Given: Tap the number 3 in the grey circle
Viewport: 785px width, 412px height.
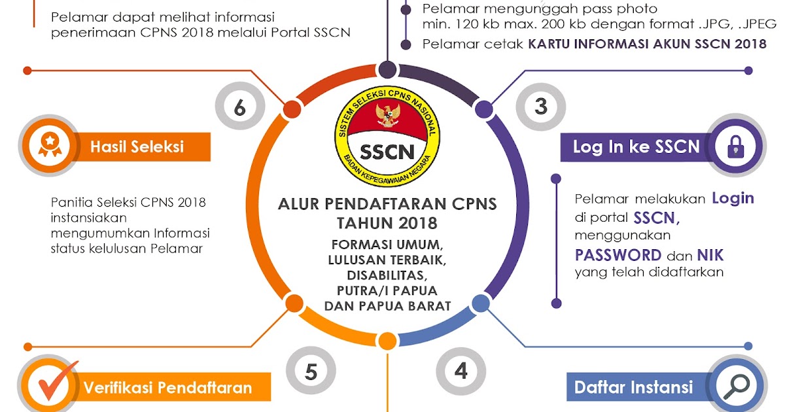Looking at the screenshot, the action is click(540, 107).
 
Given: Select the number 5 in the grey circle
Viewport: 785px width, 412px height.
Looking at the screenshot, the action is click(311, 371).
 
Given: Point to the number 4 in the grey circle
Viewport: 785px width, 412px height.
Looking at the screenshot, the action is click(461, 371).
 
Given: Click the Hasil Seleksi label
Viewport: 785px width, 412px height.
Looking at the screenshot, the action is click(137, 146).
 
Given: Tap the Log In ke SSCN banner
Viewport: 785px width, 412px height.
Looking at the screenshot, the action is click(636, 146).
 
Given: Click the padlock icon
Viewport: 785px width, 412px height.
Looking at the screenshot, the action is click(735, 147).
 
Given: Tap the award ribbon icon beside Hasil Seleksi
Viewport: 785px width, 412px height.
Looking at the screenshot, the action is click(49, 146).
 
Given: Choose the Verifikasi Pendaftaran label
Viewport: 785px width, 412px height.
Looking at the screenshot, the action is click(167, 388).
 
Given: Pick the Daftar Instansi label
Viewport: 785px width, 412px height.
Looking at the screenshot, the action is click(633, 387).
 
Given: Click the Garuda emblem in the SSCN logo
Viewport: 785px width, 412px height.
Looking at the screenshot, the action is click(387, 114).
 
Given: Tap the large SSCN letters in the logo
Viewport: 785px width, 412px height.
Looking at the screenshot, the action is click(387, 152).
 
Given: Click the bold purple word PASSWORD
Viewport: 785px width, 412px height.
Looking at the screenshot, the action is click(618, 254).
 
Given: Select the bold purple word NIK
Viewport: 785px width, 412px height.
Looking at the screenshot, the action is click(710, 254).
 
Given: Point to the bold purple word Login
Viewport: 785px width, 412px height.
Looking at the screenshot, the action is click(733, 198).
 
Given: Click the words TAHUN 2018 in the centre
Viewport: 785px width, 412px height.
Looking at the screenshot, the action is click(387, 223).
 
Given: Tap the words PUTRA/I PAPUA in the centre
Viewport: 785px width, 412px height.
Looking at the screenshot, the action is click(387, 290).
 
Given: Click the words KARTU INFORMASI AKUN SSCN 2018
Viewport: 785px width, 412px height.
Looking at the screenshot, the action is click(648, 44).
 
